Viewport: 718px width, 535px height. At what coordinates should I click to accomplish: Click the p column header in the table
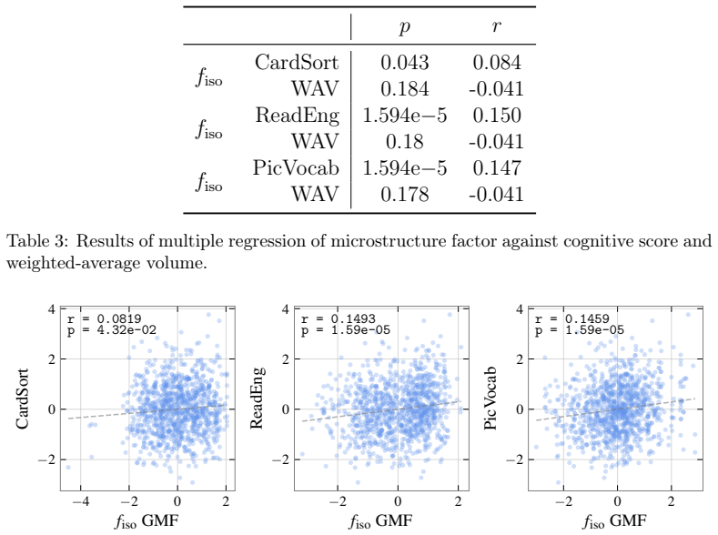(404, 27)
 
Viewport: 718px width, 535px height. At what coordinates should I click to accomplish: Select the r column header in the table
(497, 26)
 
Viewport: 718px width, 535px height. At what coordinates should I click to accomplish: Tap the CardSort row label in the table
(297, 62)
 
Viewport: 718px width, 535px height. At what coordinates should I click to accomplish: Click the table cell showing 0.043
(405, 63)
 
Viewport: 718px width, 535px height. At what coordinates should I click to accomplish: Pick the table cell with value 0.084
(497, 63)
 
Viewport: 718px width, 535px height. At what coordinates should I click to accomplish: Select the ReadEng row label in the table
(298, 116)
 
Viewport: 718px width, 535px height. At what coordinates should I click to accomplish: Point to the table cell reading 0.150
(497, 116)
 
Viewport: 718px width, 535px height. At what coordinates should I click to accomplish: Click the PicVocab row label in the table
(296, 168)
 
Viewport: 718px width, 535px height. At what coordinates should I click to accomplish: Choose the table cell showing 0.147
(497, 168)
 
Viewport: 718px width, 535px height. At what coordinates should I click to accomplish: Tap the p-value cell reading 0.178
(405, 195)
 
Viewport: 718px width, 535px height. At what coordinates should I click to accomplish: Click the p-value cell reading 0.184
(405, 89)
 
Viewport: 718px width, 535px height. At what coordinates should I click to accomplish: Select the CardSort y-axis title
(22, 399)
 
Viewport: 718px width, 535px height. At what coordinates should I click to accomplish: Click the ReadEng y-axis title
(257, 398)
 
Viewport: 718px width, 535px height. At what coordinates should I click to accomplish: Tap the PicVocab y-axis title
(490, 399)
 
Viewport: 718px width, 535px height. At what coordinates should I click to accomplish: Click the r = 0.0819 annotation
(104, 319)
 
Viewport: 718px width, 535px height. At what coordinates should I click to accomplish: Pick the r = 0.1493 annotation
(338, 319)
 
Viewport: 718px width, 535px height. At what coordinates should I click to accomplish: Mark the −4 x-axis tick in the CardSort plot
(81, 501)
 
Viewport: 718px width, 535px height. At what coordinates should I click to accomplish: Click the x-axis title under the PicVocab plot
(614, 520)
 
